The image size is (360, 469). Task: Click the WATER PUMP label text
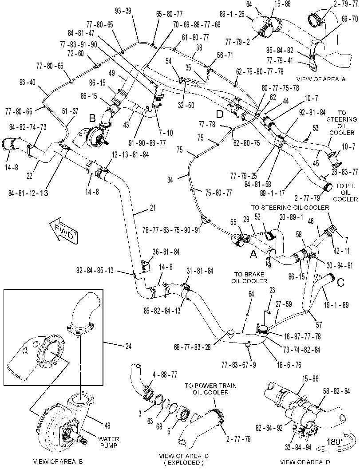click(109, 442)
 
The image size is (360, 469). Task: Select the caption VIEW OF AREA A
click(321, 79)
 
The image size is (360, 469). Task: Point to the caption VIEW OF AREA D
click(305, 462)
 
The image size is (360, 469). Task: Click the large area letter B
click(92, 118)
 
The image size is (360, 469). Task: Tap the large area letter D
click(220, 114)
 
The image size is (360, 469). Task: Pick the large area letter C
click(340, 282)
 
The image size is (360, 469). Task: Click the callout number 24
click(128, 347)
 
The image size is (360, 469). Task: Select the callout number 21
click(153, 208)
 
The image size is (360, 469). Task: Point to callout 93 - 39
click(123, 11)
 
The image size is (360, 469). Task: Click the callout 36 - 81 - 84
click(166, 252)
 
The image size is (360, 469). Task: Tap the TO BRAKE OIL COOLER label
click(249, 278)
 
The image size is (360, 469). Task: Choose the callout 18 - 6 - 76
click(289, 365)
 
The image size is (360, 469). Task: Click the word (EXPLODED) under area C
click(184, 463)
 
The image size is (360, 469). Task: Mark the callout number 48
click(107, 425)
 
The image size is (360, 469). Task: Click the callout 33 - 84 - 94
click(298, 447)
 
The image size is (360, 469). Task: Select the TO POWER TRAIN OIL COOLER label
click(211, 389)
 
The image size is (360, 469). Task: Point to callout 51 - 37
click(70, 111)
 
